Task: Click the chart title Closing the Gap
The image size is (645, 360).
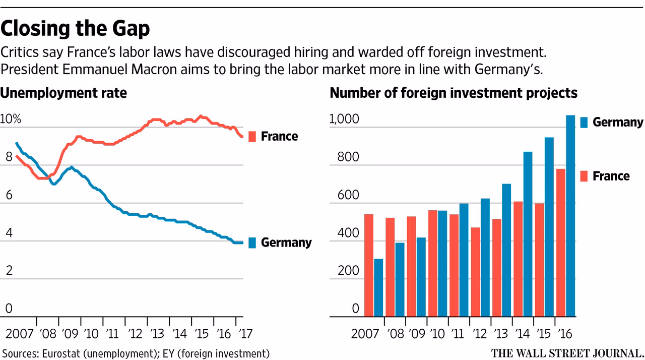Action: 75,29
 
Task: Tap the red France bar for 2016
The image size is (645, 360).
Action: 560,243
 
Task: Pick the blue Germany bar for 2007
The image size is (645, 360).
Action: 378,287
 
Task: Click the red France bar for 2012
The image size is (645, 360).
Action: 475,272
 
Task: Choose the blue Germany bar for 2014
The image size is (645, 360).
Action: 528,234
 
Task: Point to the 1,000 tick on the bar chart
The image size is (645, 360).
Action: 344,120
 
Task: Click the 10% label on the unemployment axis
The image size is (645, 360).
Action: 11,119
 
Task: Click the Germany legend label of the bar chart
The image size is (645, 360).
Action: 618,122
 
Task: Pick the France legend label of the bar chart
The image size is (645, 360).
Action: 611,176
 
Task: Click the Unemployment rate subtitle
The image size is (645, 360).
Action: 63,93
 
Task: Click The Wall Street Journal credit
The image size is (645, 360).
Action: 567,352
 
